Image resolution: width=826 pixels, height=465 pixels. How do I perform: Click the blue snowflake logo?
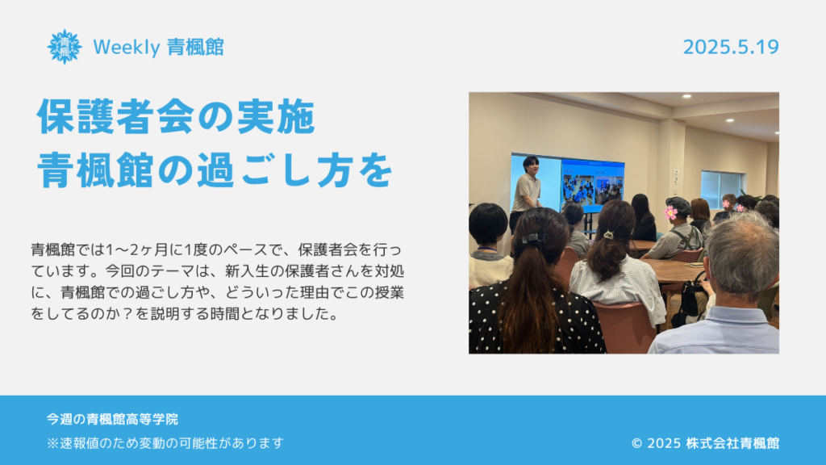[x=65, y=47]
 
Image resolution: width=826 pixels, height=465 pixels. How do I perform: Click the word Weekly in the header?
[x=127, y=48]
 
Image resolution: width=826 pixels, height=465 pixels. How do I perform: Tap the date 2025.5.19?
[x=731, y=47]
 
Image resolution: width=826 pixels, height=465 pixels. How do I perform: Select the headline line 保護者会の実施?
[x=177, y=116]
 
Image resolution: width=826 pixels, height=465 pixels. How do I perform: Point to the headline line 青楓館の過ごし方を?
[x=215, y=170]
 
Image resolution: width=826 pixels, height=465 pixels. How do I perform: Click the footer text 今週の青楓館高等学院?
[x=112, y=419]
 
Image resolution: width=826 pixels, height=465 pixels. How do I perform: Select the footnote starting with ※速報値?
[x=165, y=443]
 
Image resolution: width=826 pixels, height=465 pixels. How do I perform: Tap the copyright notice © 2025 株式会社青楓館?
[x=705, y=443]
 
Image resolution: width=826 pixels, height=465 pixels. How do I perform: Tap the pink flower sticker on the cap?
[x=670, y=212]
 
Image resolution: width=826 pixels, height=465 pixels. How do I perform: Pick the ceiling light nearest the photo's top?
[x=687, y=97]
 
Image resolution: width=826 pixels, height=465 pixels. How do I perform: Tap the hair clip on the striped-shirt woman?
[x=609, y=235]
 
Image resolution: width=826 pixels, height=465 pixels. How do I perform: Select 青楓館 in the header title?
[x=195, y=48]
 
